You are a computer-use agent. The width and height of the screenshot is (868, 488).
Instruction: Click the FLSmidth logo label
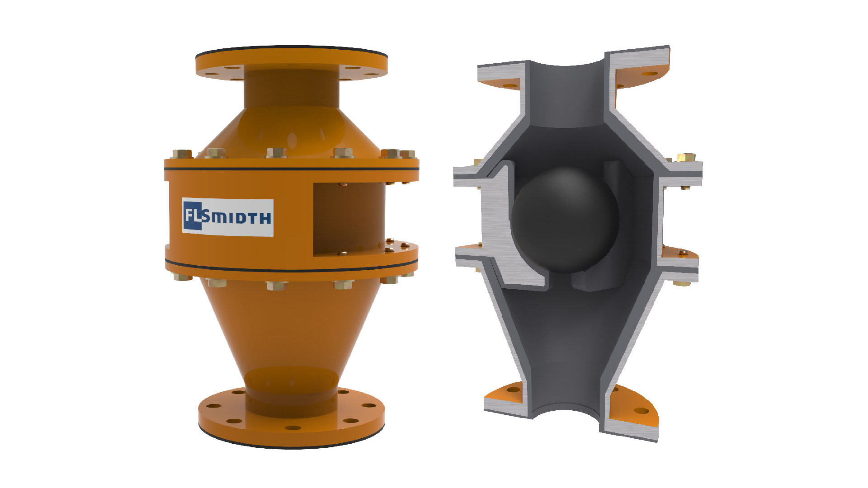pos(227,217)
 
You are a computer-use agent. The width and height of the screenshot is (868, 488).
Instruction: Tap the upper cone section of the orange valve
pos(292,131)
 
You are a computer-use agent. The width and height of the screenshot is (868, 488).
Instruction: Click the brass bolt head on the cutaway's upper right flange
pos(686,158)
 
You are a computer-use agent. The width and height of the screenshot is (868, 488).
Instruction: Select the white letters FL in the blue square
pos(192,216)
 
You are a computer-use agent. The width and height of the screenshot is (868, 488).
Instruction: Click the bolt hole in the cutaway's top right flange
pos(650,74)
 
